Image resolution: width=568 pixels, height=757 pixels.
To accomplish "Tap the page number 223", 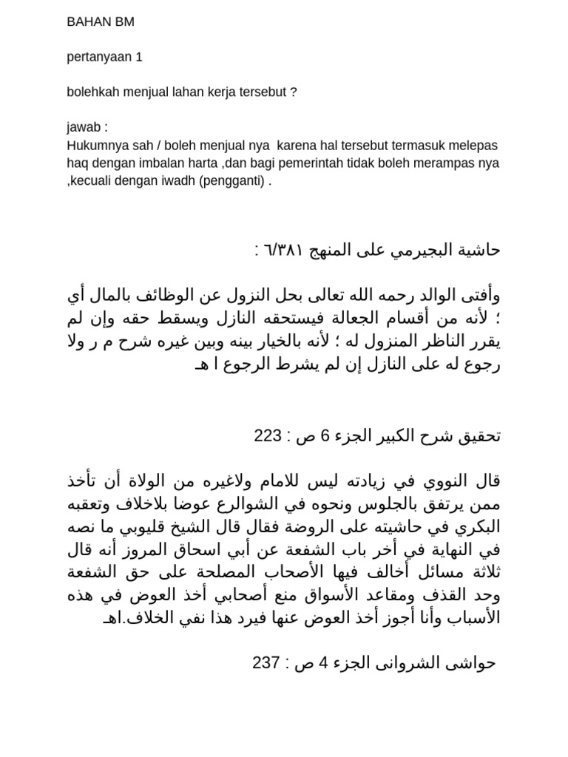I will point(267,435).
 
